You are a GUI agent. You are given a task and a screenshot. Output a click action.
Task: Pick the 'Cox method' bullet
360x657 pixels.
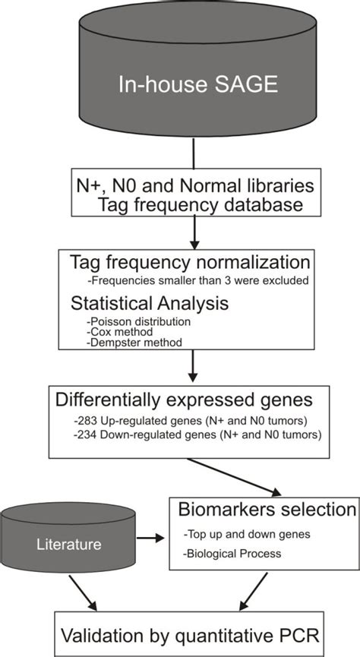coord(122,332)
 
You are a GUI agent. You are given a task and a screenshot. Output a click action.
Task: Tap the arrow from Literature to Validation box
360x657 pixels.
coord(83,592)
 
